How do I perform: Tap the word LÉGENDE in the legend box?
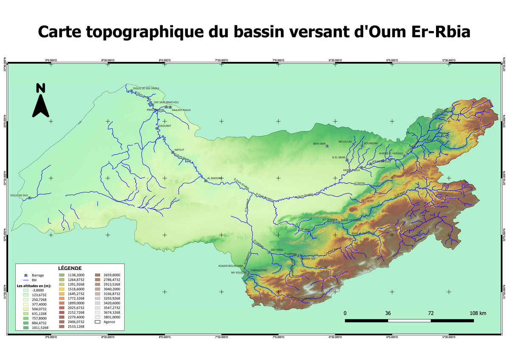(x=70, y=268)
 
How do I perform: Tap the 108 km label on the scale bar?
(x=478, y=313)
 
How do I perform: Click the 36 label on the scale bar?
(x=388, y=313)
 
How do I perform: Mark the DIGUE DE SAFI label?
(x=19, y=195)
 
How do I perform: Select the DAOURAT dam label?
(x=165, y=126)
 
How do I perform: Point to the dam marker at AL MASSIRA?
(x=206, y=181)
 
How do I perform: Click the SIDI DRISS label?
(x=277, y=250)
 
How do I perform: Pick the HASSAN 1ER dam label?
(x=308, y=258)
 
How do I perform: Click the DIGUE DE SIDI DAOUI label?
(x=146, y=88)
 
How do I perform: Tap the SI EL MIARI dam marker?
(x=347, y=160)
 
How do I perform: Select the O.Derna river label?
(x=359, y=183)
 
